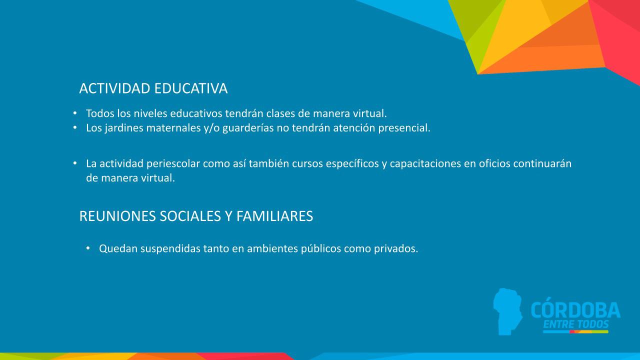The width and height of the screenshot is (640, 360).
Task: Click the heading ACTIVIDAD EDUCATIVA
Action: click(153, 88)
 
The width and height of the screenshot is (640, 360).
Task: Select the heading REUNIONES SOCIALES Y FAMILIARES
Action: click(196, 216)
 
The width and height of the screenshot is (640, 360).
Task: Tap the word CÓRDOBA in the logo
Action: click(575, 310)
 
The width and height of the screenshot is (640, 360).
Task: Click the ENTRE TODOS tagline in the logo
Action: click(575, 324)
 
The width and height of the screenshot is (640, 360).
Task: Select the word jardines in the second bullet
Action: click(124, 127)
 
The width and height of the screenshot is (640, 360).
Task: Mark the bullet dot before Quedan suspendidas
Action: click(88, 248)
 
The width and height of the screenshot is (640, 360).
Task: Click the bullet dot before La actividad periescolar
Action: click(75, 163)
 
